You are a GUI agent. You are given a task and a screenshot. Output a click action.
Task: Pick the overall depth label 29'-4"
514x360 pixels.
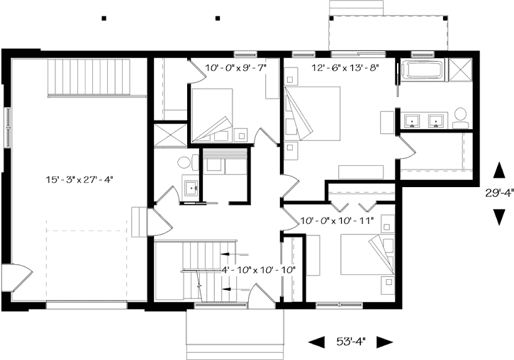[x=498, y=193]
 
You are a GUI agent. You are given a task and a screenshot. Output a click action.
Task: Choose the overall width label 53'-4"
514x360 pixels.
[x=350, y=342]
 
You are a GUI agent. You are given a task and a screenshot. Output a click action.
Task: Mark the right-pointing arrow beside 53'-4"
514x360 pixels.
[x=384, y=342]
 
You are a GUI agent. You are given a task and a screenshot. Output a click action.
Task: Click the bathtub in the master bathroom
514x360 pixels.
[x=423, y=70]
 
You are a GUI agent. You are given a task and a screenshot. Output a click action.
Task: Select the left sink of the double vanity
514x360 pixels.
[x=410, y=120]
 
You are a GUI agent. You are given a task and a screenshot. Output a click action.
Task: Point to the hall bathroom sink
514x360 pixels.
[x=190, y=189]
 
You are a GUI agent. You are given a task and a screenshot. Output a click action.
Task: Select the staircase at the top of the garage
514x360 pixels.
[x=90, y=77]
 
